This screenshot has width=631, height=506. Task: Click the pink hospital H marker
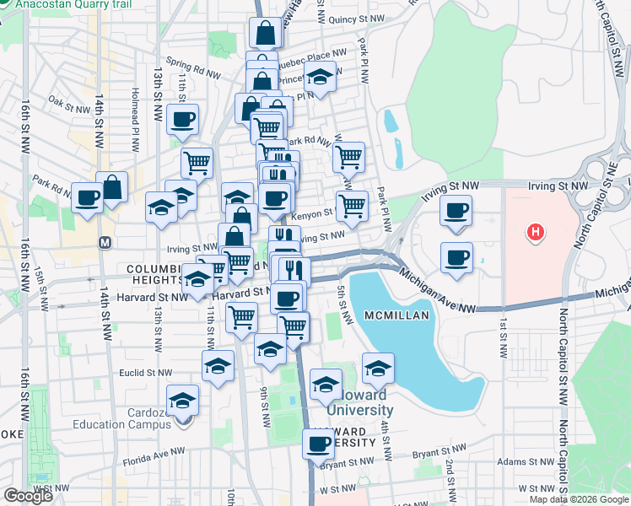(x=534, y=232)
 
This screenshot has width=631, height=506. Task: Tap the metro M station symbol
(x=105, y=242)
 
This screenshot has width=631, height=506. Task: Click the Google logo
(x=28, y=496)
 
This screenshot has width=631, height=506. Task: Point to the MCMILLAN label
(x=398, y=315)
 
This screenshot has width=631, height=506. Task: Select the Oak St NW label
(x=69, y=105)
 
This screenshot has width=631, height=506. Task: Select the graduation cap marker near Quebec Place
(x=320, y=76)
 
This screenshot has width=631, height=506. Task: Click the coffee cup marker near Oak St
(x=182, y=119)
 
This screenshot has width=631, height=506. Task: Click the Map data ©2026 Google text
(x=579, y=499)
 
